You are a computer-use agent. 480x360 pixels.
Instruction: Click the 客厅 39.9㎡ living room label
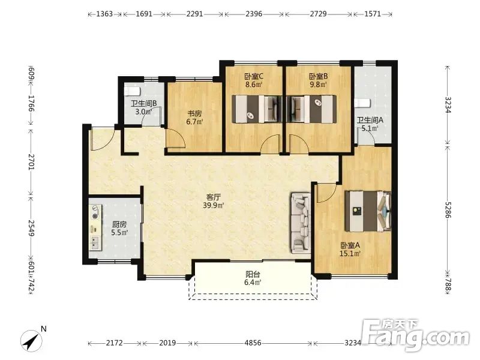214,201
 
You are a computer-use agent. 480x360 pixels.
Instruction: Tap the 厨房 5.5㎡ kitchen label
119,229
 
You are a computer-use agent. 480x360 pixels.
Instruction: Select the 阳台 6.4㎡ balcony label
253,278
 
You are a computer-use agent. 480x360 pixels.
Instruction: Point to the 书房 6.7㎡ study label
194,118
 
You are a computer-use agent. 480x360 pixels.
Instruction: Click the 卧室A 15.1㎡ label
350,249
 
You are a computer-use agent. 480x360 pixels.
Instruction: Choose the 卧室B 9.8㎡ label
319,80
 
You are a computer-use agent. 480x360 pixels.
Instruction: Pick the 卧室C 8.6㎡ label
254,80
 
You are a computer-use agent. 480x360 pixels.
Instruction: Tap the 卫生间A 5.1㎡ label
370,124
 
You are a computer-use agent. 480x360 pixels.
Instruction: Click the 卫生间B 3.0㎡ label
143,107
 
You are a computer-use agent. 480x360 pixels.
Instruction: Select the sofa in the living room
301,223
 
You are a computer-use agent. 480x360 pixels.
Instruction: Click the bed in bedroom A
368,211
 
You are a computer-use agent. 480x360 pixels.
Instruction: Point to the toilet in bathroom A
362,103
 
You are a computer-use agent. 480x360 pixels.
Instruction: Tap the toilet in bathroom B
132,91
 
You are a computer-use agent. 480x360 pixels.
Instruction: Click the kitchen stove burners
95,212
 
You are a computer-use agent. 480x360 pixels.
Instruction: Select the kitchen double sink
95,242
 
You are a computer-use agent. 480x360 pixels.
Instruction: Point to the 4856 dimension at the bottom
253,343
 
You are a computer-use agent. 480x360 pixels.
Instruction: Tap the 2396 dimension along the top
254,14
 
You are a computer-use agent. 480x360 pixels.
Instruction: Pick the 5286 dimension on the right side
448,209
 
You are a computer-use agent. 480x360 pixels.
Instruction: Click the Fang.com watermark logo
415,335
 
